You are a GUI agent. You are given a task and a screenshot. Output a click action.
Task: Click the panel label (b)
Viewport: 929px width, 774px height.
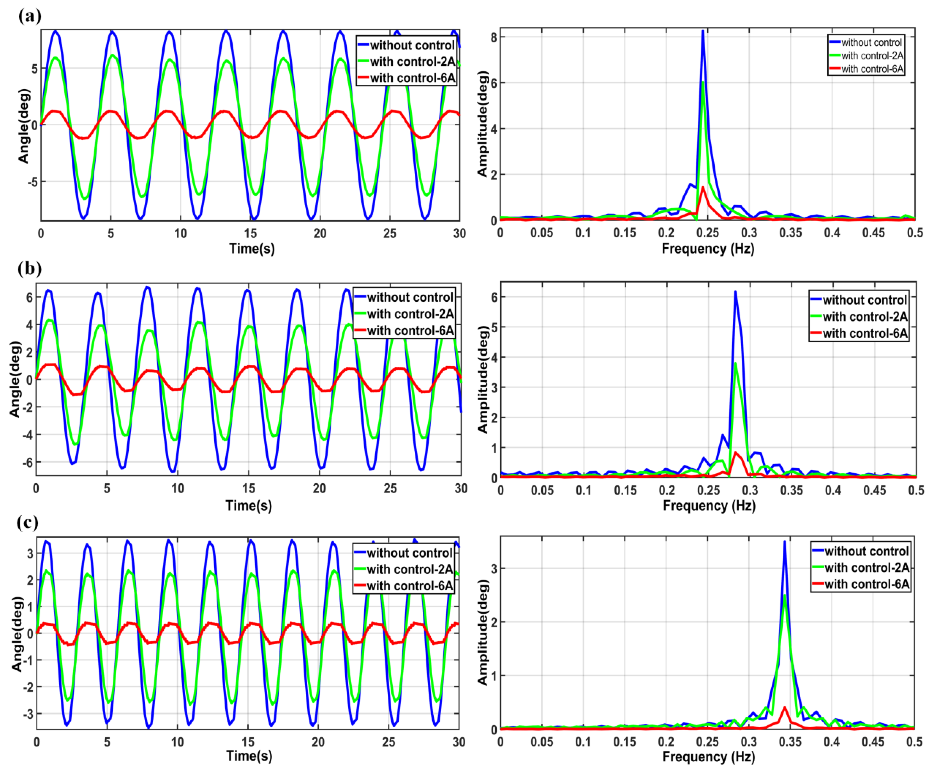(30, 268)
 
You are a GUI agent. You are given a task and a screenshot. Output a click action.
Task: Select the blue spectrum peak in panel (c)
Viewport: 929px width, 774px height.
(784, 542)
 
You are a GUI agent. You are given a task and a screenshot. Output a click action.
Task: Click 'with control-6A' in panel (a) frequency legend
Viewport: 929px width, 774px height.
(871, 69)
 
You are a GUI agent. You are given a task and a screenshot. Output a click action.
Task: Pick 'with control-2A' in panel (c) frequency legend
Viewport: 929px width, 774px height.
(866, 568)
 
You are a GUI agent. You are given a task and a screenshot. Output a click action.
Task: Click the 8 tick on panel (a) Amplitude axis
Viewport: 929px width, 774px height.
(492, 37)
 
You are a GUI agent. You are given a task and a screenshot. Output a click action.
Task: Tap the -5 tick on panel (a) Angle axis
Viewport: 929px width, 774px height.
(31, 182)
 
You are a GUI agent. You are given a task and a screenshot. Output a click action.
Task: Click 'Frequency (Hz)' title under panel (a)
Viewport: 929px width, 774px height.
(708, 249)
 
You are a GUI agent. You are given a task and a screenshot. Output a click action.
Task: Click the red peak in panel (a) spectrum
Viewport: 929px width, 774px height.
(703, 188)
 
